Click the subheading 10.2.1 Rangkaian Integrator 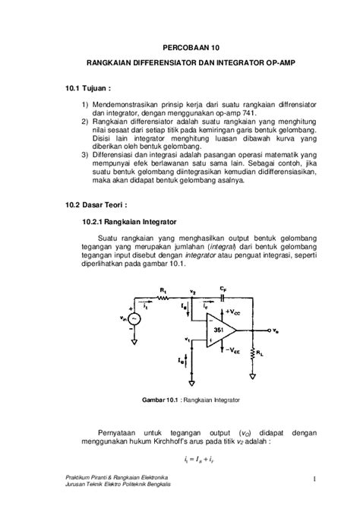(x=130, y=222)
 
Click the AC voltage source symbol (x=134, y=320)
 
